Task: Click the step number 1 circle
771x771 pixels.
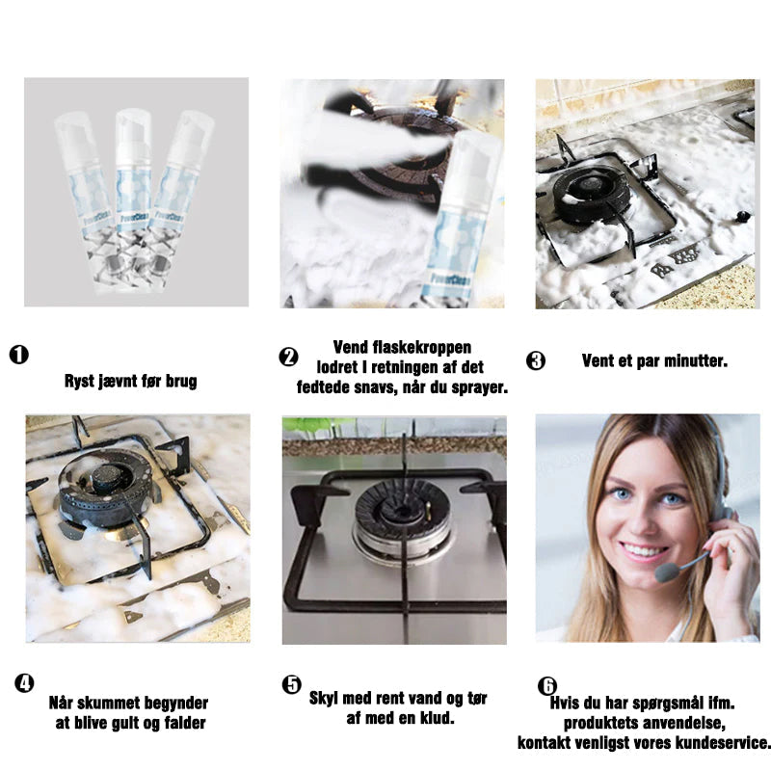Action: click(19, 355)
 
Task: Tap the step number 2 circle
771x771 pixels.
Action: click(288, 357)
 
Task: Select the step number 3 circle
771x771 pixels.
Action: click(536, 360)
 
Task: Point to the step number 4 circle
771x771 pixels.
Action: click(24, 683)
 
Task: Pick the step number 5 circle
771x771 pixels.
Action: click(292, 684)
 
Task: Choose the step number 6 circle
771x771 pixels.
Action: click(547, 685)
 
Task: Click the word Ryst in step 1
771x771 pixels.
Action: click(79, 381)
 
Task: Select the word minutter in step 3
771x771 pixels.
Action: click(695, 360)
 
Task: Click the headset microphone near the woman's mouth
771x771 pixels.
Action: click(667, 572)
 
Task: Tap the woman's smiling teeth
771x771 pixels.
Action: click(641, 550)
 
